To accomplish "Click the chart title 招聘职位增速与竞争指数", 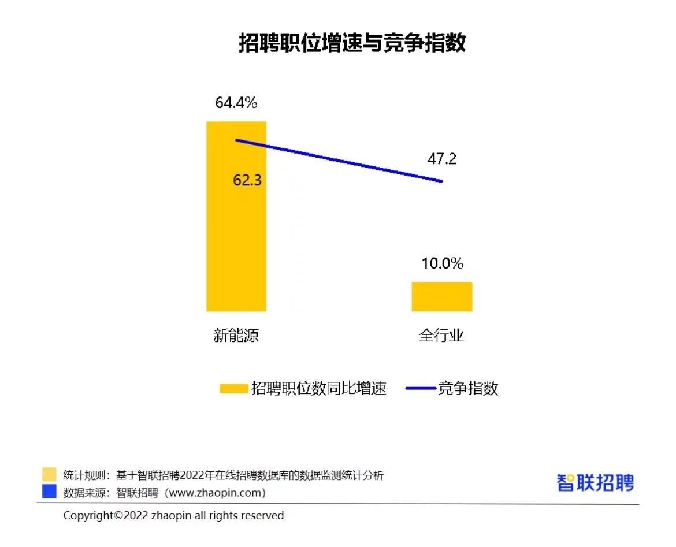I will [352, 43].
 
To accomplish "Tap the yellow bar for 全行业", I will [442, 297].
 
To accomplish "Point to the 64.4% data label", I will [236, 103].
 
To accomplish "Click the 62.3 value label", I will [247, 180].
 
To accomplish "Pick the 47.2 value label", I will [441, 159].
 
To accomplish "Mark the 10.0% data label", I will [442, 263].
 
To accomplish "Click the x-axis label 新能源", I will [236, 336].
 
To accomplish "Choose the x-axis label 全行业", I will [441, 336].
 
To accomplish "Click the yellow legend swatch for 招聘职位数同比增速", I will [233, 389].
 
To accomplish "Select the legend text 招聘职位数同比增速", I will [319, 388].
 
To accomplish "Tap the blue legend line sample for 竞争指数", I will [421, 389].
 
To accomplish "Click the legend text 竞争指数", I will [468, 388].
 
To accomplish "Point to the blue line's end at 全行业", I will [442, 181].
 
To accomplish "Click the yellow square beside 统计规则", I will [50, 475].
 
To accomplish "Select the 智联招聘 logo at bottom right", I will [595, 482].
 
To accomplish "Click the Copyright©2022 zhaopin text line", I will [173, 515].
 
